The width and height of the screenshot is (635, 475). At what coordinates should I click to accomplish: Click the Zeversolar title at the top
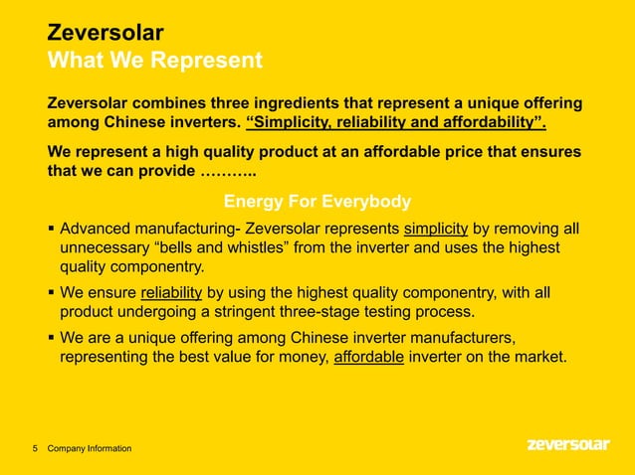click(106, 34)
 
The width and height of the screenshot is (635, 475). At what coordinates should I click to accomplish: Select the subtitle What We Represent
click(155, 62)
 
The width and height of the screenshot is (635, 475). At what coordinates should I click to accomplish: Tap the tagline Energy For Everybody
click(317, 203)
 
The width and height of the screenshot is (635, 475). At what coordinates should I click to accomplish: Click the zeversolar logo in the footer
click(567, 445)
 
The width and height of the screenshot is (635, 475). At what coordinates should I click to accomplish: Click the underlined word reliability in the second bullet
click(172, 292)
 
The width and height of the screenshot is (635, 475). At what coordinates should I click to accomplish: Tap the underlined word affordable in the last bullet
click(368, 356)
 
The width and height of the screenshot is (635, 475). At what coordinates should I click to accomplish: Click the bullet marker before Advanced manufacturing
click(51, 230)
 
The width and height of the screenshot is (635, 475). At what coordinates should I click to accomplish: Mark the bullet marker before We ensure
click(51, 293)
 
